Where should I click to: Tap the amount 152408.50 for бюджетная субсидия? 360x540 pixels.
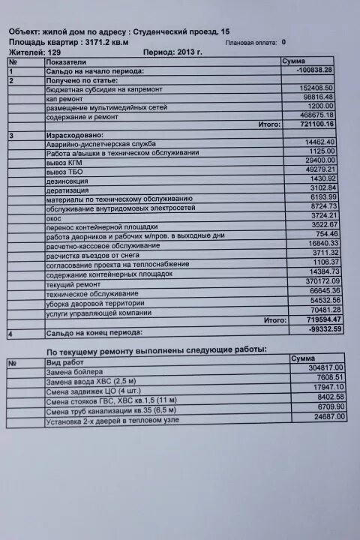point(317,88)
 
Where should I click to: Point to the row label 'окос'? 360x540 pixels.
point(53,217)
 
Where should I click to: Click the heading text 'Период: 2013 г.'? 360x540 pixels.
point(172,54)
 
